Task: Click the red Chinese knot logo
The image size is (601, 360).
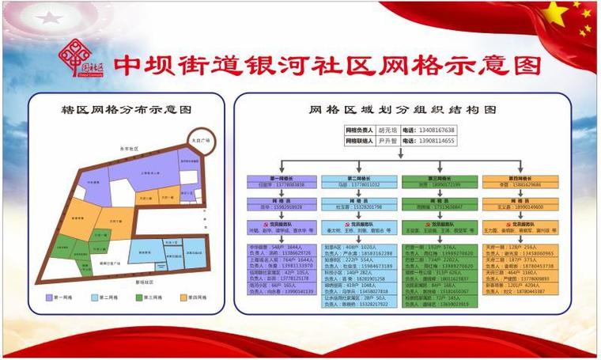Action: point(78,58)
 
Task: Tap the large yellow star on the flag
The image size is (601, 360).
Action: point(556,13)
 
